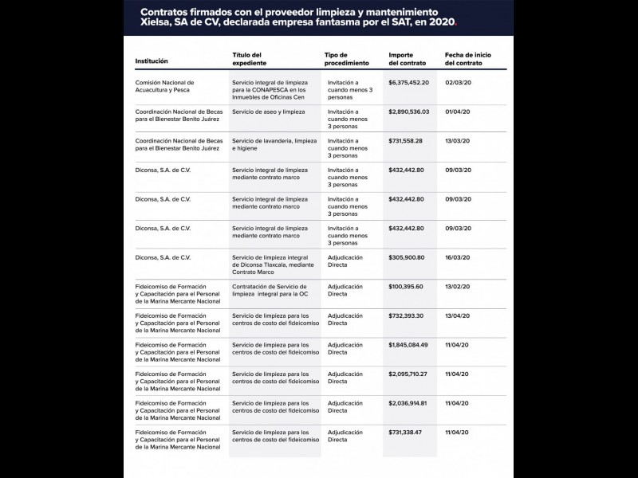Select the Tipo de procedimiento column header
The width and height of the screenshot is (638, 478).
click(x=347, y=58)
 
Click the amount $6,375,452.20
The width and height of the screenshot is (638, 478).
click(x=408, y=82)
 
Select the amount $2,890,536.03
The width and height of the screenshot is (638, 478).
click(x=408, y=112)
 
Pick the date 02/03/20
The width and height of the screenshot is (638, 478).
click(x=459, y=82)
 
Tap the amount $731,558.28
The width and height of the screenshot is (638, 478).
click(x=405, y=140)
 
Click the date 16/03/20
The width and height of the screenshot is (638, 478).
click(x=459, y=257)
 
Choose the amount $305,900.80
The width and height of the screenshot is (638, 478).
click(x=406, y=257)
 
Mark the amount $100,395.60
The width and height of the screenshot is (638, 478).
click(x=406, y=286)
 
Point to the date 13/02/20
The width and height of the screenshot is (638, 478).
click(x=459, y=286)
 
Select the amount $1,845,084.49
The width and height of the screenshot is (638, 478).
click(x=408, y=344)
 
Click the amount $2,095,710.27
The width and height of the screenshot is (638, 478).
click(x=408, y=374)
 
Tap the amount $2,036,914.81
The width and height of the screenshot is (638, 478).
click(x=408, y=403)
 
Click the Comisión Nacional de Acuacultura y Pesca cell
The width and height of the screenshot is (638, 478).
click(x=165, y=86)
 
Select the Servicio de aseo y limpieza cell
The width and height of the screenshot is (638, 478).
click(x=268, y=112)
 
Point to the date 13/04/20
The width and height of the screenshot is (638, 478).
click(x=459, y=315)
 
